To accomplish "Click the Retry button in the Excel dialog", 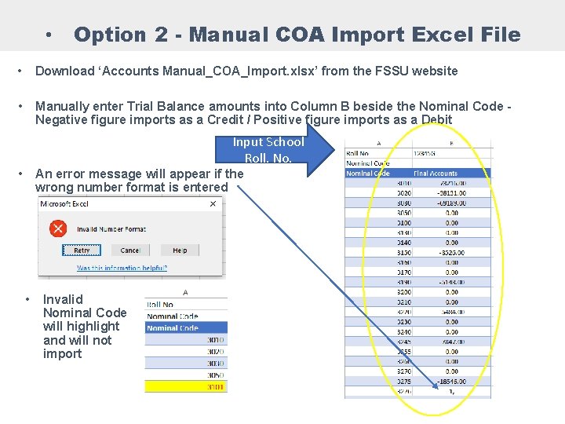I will (x=82, y=250).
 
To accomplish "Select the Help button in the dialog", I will (x=180, y=250).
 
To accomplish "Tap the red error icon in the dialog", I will (x=58, y=228).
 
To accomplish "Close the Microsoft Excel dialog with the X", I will (x=213, y=203).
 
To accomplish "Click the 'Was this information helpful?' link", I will (x=122, y=268).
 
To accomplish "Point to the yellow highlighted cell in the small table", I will (x=186, y=387).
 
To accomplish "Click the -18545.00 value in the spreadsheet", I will (x=445, y=381).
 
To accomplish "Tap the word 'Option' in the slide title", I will (x=109, y=35).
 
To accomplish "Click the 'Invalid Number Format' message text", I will (x=111, y=229).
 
